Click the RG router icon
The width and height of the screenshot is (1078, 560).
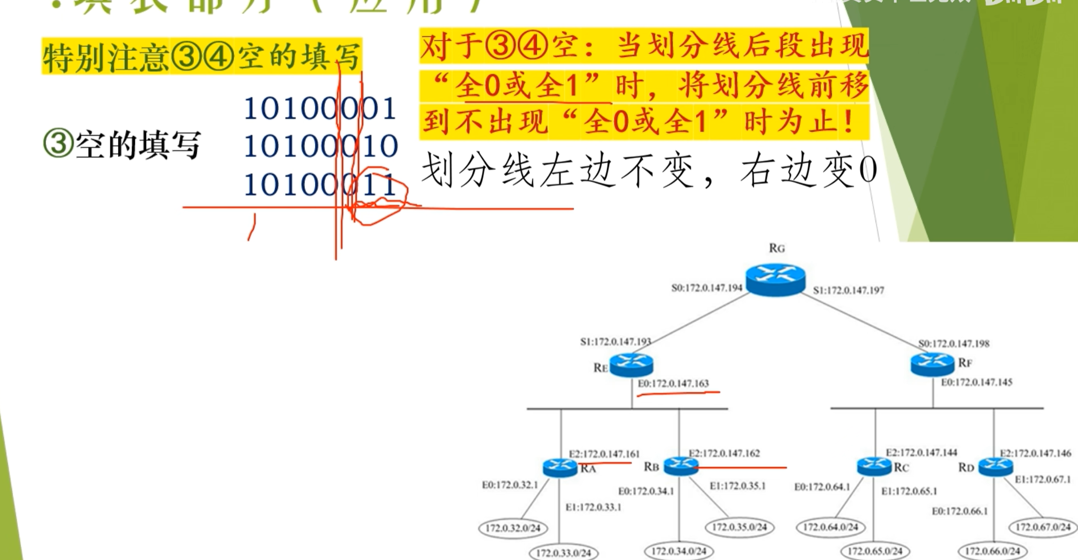tap(775, 279)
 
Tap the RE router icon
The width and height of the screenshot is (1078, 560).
tap(631, 364)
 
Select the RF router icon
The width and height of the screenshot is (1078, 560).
tap(932, 363)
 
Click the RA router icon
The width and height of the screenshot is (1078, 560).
tap(560, 467)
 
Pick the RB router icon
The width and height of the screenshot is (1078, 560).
tap(681, 466)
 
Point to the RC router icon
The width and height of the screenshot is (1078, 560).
tap(874, 466)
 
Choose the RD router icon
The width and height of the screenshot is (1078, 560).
tap(995, 466)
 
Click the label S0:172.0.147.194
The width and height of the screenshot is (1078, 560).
tap(707, 288)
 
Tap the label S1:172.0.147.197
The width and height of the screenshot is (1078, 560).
tap(849, 290)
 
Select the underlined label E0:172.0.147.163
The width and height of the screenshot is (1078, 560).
tap(673, 384)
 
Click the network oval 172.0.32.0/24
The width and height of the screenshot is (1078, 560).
tap(513, 528)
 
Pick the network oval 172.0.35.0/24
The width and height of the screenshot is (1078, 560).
tap(739, 527)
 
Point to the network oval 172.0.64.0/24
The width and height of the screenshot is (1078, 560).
tap(830, 527)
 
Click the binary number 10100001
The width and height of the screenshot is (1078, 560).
tap(320, 108)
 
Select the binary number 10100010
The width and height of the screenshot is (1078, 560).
tap(320, 146)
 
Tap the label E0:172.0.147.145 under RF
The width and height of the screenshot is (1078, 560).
tap(976, 383)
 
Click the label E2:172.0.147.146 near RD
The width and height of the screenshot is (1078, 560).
tap(1035, 454)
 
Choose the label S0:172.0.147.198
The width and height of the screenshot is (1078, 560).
tap(954, 343)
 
